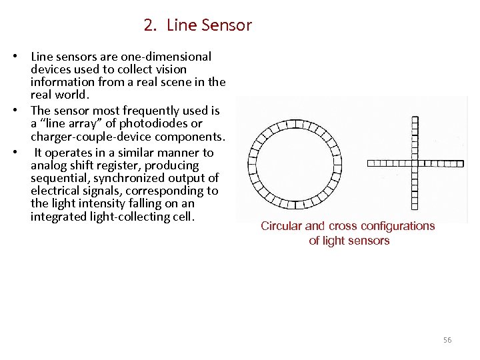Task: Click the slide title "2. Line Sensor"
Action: (x=197, y=26)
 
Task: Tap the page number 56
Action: (x=447, y=340)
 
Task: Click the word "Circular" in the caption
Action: (x=281, y=226)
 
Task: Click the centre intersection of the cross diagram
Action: (x=415, y=162)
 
